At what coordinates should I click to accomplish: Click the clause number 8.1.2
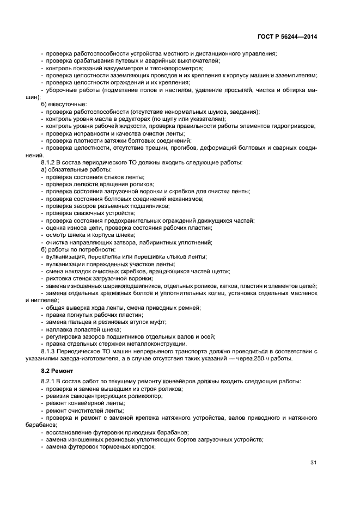(50, 162)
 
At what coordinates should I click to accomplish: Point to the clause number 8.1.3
(50, 351)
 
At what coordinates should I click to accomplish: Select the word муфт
(160, 322)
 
